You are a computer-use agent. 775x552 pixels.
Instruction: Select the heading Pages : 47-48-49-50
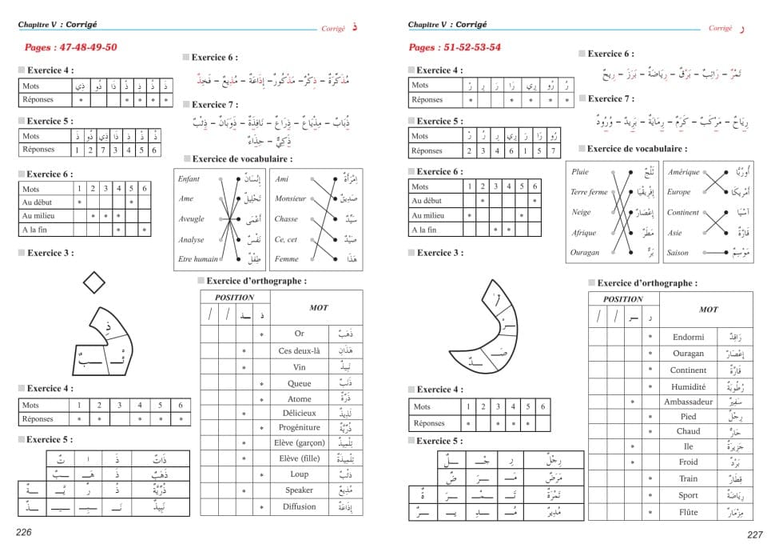pos(70,47)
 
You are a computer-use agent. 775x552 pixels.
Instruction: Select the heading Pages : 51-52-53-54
pos(455,47)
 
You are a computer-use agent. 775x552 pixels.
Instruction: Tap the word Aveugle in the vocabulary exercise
pos(191,219)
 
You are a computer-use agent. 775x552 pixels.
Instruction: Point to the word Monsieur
pos(290,198)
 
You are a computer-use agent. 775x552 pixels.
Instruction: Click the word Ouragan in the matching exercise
pos(585,253)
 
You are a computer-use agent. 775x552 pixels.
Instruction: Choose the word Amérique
pos(683,172)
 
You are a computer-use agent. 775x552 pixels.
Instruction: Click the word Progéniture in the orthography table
pos(300,427)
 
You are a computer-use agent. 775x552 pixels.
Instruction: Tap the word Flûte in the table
pos(688,512)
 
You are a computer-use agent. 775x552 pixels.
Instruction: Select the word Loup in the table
pos(300,474)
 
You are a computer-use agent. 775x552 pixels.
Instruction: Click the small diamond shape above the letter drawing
pos(94,282)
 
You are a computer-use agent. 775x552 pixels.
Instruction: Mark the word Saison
pos(678,253)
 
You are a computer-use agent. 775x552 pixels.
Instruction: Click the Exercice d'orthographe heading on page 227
pos(646,283)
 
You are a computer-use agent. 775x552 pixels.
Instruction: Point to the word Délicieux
pos(300,413)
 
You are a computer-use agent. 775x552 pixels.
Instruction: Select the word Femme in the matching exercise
pos(286,259)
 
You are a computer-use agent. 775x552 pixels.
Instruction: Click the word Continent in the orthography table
pos(688,370)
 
